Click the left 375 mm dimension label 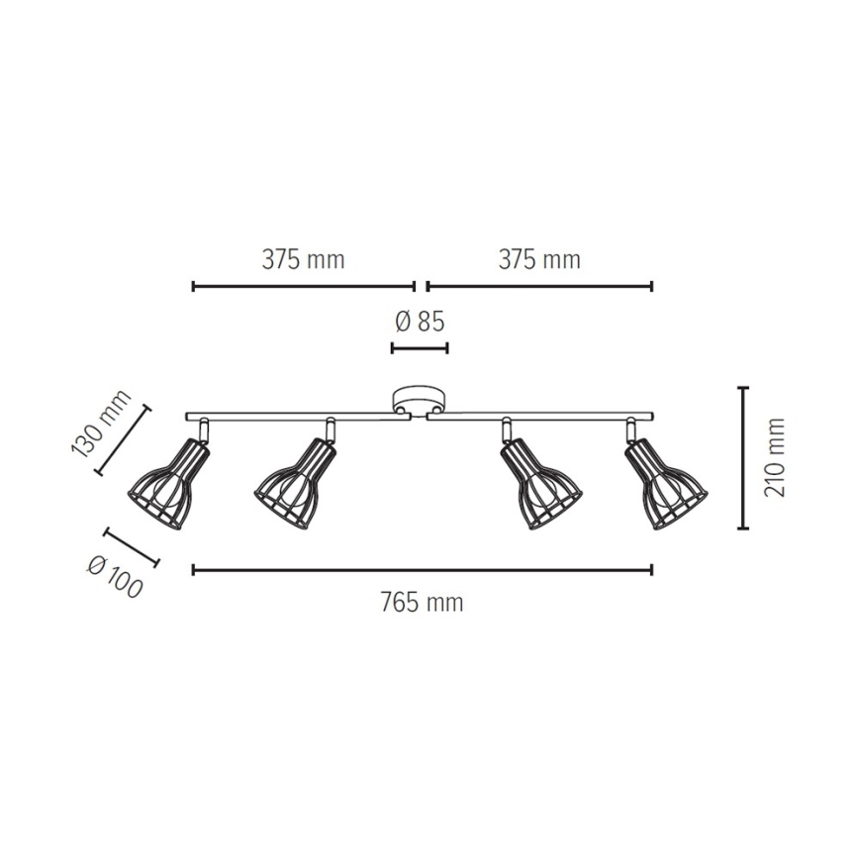(303, 260)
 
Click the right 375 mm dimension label (539, 260)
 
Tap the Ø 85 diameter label (420, 322)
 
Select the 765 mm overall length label (422, 603)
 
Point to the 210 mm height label (775, 457)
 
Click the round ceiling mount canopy (420, 401)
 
